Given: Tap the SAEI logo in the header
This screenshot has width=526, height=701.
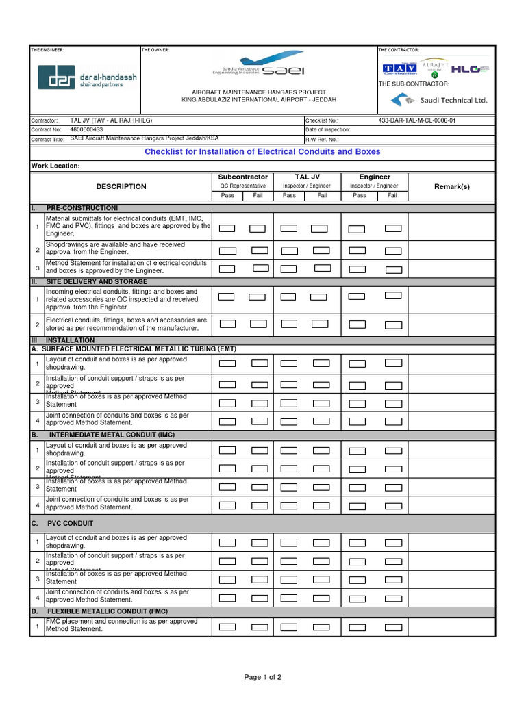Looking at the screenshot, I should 259,63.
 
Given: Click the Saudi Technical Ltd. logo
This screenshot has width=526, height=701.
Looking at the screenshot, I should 439,100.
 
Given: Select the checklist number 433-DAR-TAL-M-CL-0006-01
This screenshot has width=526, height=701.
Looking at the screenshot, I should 416,120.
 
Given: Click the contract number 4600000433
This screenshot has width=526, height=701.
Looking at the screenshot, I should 87,129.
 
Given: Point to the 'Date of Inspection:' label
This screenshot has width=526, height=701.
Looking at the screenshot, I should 327,129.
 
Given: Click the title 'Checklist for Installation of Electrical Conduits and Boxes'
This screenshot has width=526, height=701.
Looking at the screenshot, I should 262,152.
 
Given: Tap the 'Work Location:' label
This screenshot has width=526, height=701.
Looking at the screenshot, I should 55,166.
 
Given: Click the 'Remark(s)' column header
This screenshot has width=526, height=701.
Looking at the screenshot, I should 452,186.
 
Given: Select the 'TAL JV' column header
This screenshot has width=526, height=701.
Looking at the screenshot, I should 307,177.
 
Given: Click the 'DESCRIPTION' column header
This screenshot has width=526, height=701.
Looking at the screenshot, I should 121,186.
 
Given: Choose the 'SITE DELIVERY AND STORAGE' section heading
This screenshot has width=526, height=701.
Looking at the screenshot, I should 96,281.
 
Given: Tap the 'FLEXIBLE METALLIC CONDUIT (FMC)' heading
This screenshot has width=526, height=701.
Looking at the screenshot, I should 108,611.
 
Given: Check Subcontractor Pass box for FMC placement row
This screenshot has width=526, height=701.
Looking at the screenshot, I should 227,626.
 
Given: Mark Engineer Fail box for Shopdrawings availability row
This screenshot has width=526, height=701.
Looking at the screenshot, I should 393,251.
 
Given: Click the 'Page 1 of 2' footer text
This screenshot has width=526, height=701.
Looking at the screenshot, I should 263,677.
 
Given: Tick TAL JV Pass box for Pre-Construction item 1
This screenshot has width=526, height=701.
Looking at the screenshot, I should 289,228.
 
